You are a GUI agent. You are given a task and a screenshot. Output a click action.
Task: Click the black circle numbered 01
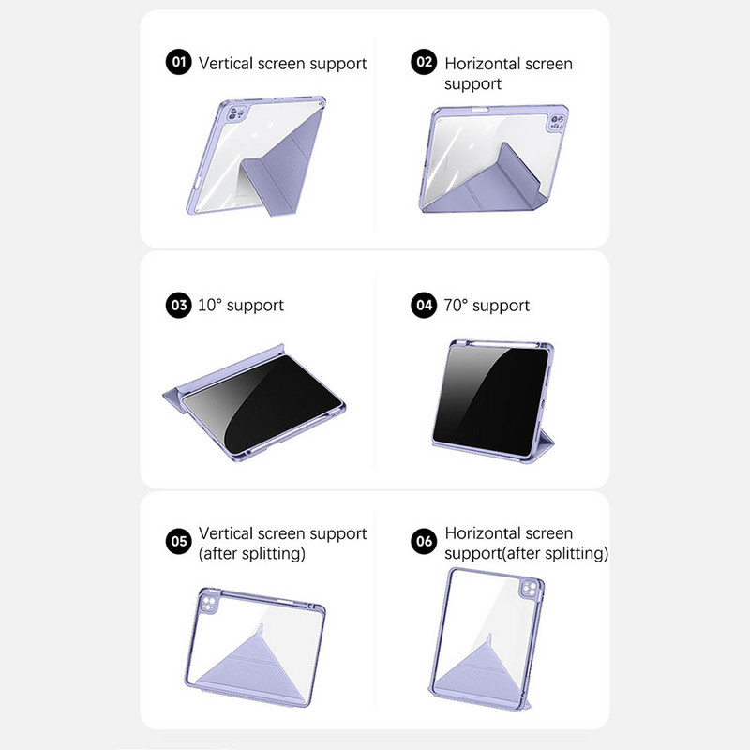pyautogui.click(x=178, y=63)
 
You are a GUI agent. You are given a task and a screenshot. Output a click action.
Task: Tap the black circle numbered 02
pyautogui.click(x=425, y=63)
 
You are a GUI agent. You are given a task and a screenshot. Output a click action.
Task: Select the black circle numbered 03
pyautogui.click(x=178, y=305)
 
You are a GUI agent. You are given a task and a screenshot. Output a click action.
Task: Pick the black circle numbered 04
pyautogui.click(x=425, y=305)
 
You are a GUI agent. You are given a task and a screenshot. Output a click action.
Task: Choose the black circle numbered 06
pyautogui.click(x=425, y=541)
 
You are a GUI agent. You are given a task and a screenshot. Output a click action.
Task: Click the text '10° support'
pyautogui.click(x=241, y=305)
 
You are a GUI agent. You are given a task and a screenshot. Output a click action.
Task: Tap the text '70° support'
pyautogui.click(x=487, y=305)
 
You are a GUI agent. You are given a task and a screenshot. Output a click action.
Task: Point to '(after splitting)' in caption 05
pyautogui.click(x=251, y=553)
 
